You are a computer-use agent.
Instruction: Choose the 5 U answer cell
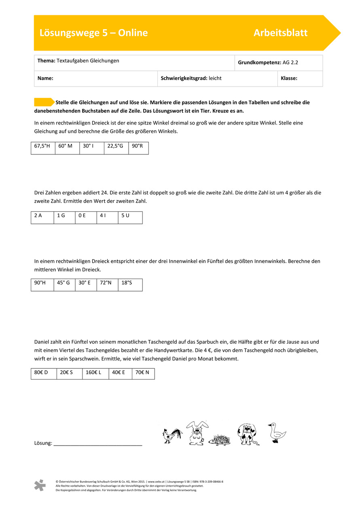pos(130,218)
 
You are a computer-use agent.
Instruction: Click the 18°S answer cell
pos(130,285)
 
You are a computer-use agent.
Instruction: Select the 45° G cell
pos(65,285)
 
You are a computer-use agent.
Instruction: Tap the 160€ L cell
pos(95,374)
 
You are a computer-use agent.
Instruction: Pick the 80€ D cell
pos(44,374)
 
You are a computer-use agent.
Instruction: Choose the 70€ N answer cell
pos(143,374)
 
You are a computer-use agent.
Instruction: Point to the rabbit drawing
pos(197,433)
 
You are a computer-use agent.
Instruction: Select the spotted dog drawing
pos(247,434)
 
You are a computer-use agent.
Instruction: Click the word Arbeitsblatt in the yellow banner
pos(280,33)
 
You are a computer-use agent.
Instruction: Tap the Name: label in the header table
pos(45,78)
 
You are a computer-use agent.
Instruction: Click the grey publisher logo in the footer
pos(40,485)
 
